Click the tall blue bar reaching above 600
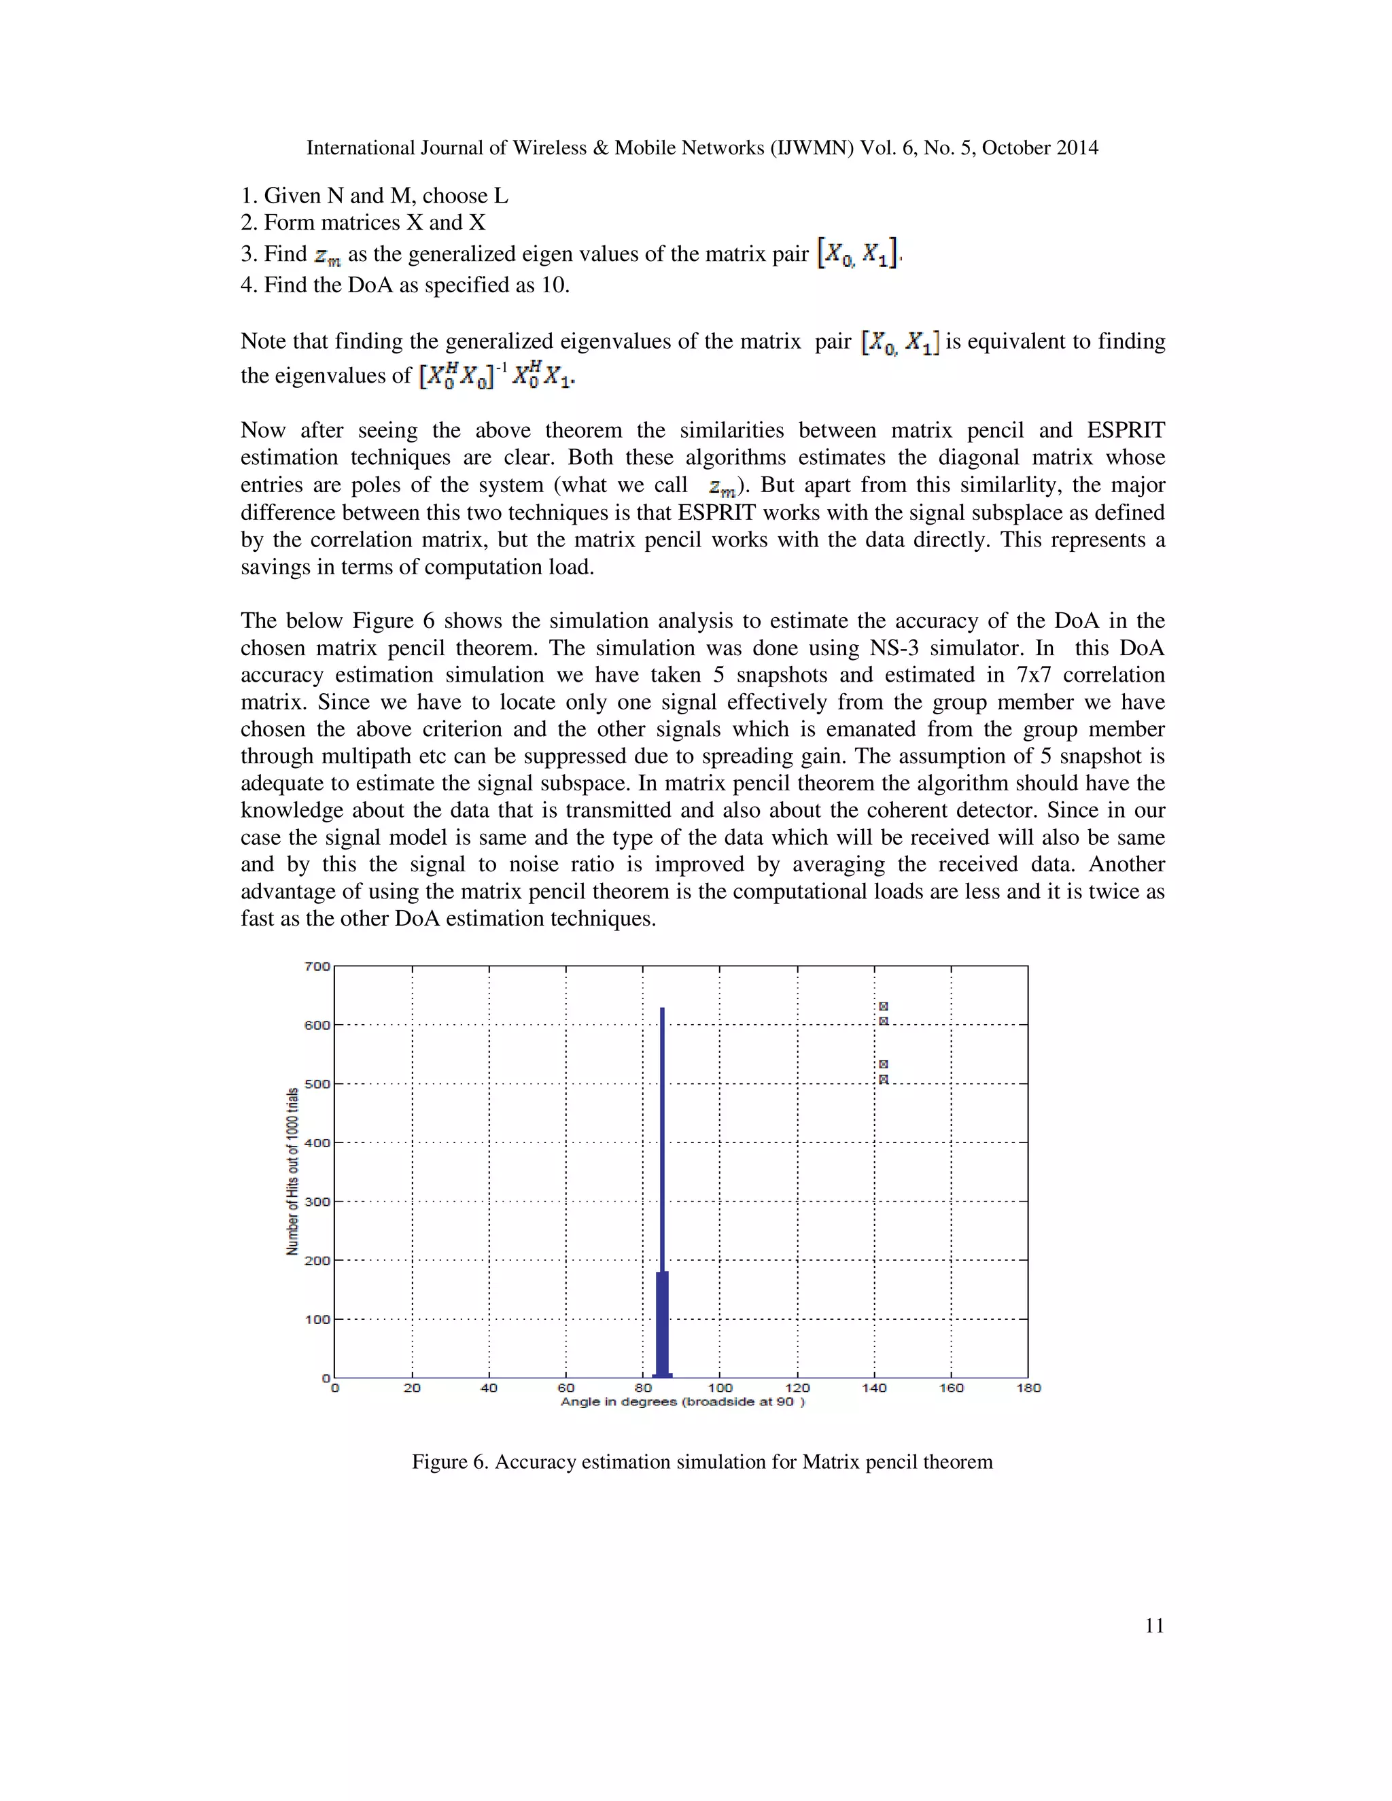[x=662, y=1155]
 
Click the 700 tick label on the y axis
[x=317, y=966]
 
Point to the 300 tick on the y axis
[x=317, y=1202]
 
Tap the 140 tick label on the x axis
[x=874, y=1388]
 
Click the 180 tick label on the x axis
[x=1028, y=1388]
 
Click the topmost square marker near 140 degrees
[x=883, y=1006]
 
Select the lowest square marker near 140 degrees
[x=883, y=1079]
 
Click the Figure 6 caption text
[x=701, y=1462]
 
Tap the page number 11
[x=1153, y=1626]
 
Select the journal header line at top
[x=701, y=147]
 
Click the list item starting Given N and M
[x=375, y=196]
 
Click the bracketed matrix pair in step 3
[x=858, y=253]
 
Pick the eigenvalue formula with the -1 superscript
[x=498, y=376]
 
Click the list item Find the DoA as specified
[x=405, y=285]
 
